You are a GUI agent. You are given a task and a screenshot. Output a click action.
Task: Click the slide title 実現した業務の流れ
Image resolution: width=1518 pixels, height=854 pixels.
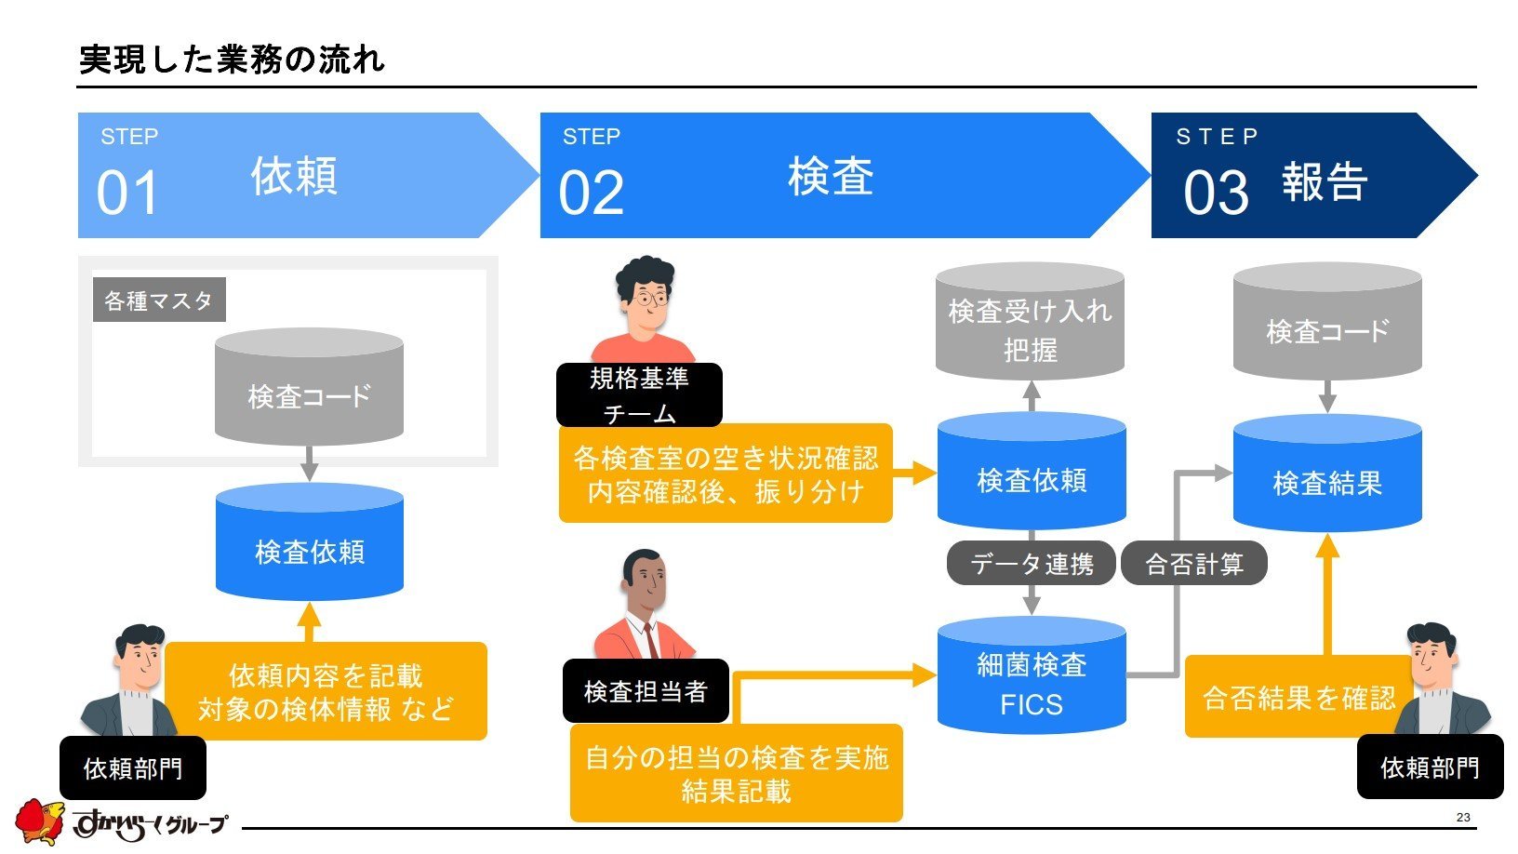(232, 59)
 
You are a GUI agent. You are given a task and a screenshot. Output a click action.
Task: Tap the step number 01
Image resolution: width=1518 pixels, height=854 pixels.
(126, 193)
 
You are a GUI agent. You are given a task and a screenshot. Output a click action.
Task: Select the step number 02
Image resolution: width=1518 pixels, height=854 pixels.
(591, 193)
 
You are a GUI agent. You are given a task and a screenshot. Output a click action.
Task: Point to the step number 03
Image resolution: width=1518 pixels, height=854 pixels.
(1216, 193)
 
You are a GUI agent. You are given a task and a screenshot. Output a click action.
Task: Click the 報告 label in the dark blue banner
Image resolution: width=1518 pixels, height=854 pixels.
(1325, 181)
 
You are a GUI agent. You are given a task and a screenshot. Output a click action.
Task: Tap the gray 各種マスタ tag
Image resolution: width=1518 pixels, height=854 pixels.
(159, 300)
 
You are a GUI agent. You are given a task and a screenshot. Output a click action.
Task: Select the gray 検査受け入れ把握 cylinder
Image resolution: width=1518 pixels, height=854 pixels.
(1030, 321)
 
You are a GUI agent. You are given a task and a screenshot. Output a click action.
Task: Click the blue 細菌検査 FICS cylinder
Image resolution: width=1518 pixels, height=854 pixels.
(1032, 675)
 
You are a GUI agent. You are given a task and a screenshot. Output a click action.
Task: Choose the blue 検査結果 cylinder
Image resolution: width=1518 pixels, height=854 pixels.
(1327, 474)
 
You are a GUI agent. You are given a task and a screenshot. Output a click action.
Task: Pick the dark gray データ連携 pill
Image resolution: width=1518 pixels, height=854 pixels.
(1031, 563)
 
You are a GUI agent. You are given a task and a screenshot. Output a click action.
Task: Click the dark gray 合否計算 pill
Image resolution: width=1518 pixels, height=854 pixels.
(1194, 563)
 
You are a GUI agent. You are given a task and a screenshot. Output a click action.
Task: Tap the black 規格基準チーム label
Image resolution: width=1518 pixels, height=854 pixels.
(639, 395)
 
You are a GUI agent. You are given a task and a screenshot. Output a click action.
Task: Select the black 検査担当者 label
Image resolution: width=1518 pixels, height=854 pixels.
(646, 690)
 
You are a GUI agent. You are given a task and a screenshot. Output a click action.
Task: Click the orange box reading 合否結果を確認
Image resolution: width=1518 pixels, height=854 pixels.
(1298, 696)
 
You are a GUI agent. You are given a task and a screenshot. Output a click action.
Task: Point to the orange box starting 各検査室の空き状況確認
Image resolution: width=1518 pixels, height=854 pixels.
(726, 474)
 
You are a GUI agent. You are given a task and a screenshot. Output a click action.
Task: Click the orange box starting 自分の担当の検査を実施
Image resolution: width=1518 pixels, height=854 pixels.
(736, 773)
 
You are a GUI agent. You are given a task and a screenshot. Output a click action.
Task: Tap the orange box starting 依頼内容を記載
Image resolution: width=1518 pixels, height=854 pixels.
(326, 691)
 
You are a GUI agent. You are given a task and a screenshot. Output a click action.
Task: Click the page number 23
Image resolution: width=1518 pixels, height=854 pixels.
(1463, 817)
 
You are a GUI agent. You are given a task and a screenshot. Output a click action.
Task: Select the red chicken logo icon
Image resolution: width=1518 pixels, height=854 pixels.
(39, 822)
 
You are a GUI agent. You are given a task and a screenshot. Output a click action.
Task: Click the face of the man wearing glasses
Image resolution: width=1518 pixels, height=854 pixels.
(648, 300)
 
